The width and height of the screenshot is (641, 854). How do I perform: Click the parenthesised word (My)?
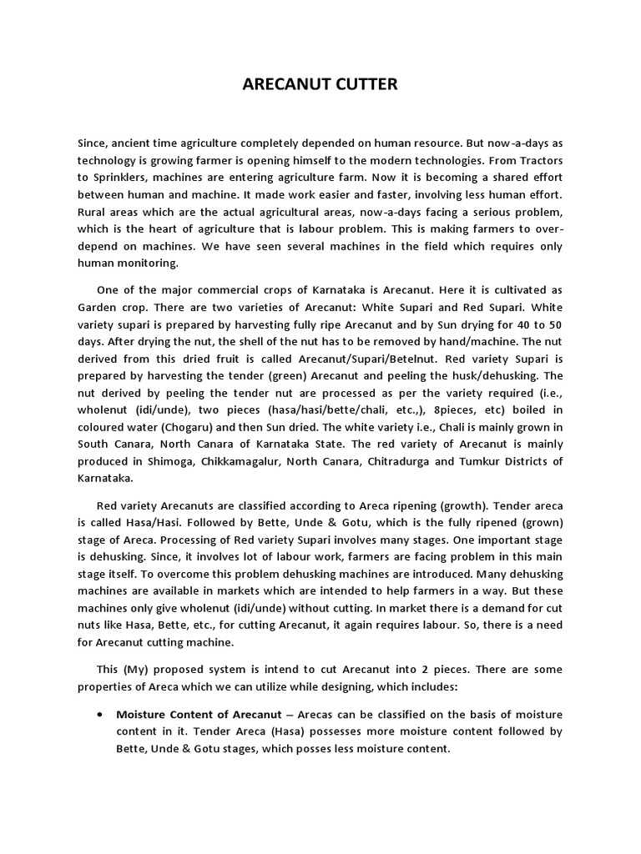(139, 670)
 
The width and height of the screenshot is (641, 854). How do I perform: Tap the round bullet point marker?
(100, 715)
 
